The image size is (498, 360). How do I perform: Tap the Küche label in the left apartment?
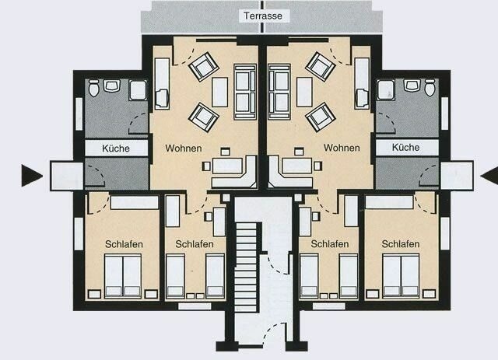tap(115, 148)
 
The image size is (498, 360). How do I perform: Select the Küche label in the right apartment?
tap(406, 148)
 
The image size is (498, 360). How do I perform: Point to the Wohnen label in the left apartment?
tap(184, 148)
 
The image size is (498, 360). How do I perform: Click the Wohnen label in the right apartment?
tap(342, 148)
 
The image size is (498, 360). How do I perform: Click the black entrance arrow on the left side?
tap(31, 176)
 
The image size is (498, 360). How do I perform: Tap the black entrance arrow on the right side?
tap(490, 176)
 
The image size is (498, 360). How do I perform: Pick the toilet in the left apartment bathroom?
tap(94, 88)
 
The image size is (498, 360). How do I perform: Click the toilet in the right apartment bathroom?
tap(430, 88)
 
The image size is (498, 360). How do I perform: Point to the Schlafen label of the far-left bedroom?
tap(123, 244)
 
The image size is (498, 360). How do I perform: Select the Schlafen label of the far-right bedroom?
tap(401, 244)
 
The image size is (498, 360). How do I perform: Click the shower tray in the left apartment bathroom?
tap(138, 90)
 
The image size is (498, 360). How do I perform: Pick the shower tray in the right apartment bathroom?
tap(385, 90)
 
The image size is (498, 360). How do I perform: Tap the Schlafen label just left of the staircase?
tap(195, 244)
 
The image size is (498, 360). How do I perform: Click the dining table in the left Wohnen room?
tap(226, 166)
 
